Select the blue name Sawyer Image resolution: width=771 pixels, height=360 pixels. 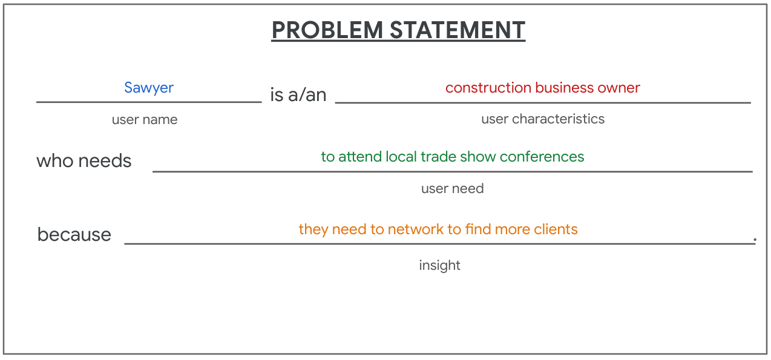[x=149, y=88]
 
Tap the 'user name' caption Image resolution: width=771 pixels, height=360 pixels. [x=145, y=120]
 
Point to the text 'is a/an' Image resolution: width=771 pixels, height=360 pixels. [x=298, y=95]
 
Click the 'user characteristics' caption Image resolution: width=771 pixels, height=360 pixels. [x=543, y=119]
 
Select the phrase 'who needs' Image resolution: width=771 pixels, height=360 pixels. [x=84, y=161]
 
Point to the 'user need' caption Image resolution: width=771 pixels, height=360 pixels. [x=453, y=189]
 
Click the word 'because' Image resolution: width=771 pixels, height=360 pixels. [x=74, y=235]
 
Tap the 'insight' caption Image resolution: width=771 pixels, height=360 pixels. [x=440, y=266]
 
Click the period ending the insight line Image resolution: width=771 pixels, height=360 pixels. [x=755, y=240]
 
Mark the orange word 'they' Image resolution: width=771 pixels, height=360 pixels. [x=313, y=230]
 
